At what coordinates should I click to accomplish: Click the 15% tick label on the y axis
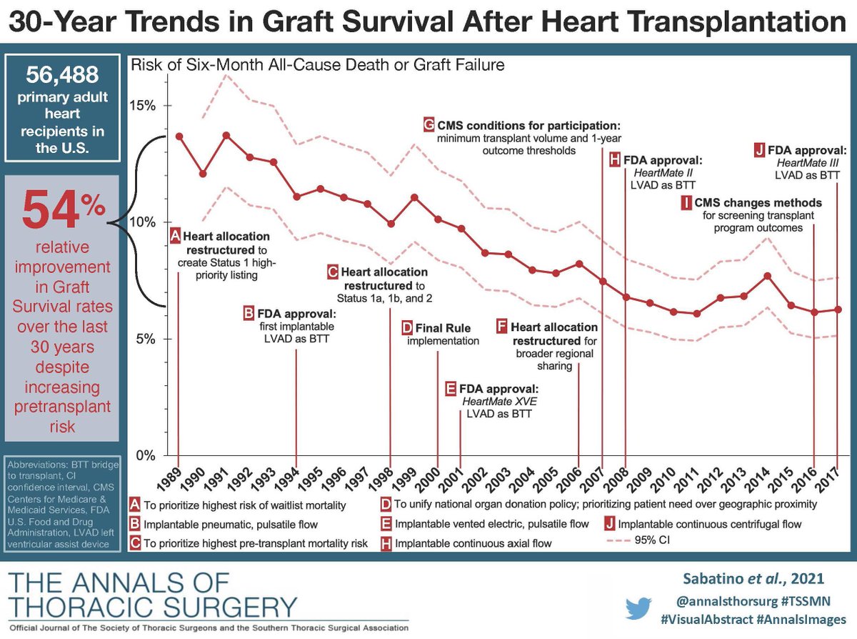142,106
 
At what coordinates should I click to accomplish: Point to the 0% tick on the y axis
145,455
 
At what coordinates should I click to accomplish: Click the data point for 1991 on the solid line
226,135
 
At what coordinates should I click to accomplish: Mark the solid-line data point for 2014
767,276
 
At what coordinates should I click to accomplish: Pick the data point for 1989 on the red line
179,137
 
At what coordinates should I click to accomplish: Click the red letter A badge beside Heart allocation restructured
175,236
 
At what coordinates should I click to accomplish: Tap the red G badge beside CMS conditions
428,124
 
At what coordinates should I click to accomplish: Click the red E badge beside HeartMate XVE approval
451,390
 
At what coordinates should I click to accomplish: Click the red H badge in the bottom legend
386,543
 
